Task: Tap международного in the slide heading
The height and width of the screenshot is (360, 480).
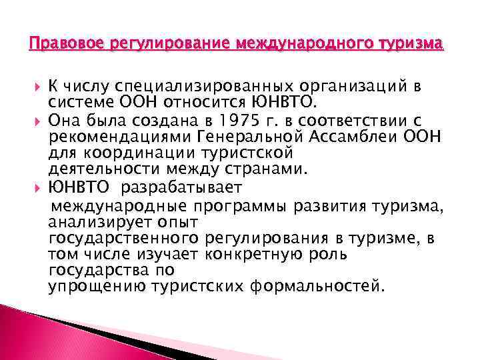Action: (295, 45)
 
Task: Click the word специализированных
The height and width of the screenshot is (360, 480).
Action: (188, 85)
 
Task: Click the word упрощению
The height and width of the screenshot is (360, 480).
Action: (92, 287)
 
